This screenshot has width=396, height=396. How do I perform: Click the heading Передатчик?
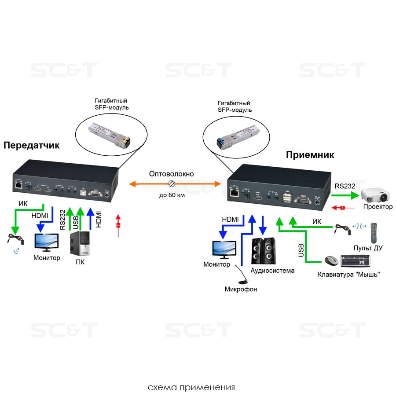tap(31, 145)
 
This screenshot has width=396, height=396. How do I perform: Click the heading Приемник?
tap(310, 155)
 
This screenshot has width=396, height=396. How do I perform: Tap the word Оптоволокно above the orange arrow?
tap(171, 174)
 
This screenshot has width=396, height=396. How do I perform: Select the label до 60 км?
tap(172, 194)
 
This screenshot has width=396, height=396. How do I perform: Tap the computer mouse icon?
tap(331, 261)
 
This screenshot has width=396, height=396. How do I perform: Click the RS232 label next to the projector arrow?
tap(345, 186)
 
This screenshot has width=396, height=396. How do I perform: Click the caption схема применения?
tap(191, 388)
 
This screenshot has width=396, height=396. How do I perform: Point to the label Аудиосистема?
tap(272, 271)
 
